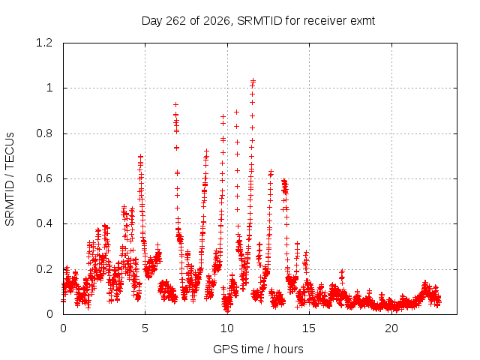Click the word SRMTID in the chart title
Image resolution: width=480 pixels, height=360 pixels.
(x=259, y=21)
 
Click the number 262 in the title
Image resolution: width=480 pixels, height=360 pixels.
(x=175, y=21)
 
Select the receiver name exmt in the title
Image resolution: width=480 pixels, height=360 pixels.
(x=363, y=21)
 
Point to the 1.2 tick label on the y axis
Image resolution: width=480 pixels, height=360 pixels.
(x=44, y=43)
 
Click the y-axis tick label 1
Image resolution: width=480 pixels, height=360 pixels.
(x=49, y=88)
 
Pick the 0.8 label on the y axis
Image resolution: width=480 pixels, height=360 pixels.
(x=44, y=133)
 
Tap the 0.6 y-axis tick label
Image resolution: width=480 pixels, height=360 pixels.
(x=44, y=178)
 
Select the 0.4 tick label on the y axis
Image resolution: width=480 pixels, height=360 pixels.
(x=44, y=223)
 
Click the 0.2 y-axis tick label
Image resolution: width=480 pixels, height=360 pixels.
(x=44, y=269)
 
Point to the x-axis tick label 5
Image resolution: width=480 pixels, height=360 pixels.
(x=145, y=328)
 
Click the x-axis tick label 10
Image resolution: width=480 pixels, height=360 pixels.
(x=226, y=328)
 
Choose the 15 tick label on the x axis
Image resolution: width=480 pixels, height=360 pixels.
(x=309, y=328)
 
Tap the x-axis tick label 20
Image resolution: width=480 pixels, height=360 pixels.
(x=391, y=328)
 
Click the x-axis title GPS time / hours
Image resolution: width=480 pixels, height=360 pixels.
(x=258, y=349)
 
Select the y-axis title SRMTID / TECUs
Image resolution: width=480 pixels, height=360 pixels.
(x=10, y=179)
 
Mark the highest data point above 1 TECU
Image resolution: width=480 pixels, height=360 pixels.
(x=253, y=80)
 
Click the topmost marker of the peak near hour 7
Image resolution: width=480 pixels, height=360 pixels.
(x=175, y=105)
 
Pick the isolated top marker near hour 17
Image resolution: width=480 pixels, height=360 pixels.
(x=342, y=271)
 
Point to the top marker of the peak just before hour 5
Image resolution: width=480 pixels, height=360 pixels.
(x=140, y=157)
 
